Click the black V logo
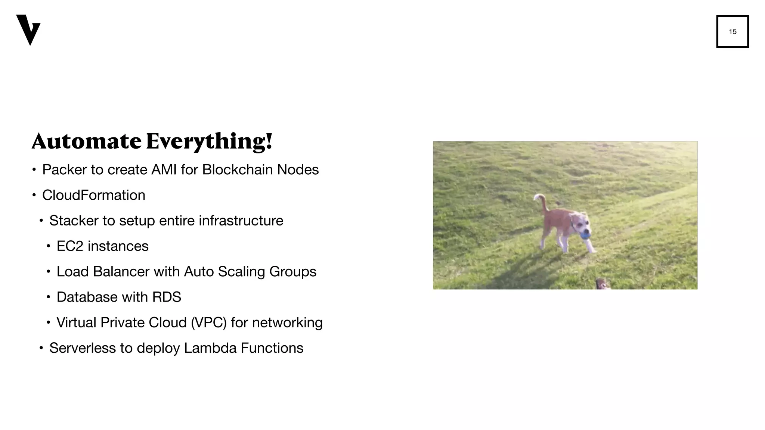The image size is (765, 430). click(x=28, y=30)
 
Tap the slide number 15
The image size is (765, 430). click(x=733, y=32)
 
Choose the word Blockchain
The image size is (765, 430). click(x=237, y=170)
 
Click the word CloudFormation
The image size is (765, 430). click(x=93, y=195)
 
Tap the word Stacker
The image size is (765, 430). click(x=73, y=221)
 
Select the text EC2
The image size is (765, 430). click(x=69, y=246)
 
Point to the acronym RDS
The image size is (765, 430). click(x=167, y=297)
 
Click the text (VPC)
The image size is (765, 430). click(x=208, y=322)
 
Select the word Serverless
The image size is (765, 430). click(x=83, y=348)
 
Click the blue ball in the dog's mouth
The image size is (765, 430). click(x=585, y=235)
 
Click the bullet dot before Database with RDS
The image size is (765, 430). click(x=48, y=297)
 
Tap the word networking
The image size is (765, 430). click(x=287, y=322)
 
